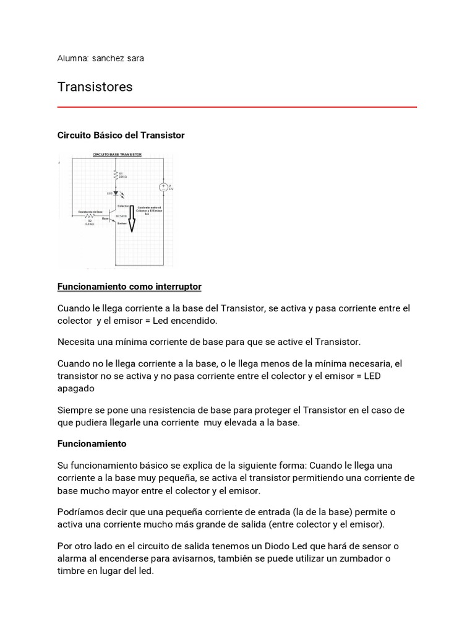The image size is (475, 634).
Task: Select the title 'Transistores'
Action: [95, 87]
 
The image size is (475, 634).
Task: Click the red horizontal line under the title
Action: [237, 107]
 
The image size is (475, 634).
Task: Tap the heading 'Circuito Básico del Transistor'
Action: [121, 135]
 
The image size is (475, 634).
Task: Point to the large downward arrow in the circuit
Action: [131, 220]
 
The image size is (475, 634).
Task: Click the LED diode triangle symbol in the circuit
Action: [116, 194]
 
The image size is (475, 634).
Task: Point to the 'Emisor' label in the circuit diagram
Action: [122, 224]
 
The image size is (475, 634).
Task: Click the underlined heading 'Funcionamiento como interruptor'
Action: [129, 287]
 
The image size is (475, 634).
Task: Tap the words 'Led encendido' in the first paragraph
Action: [188, 321]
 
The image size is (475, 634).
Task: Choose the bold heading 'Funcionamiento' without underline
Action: [92, 444]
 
